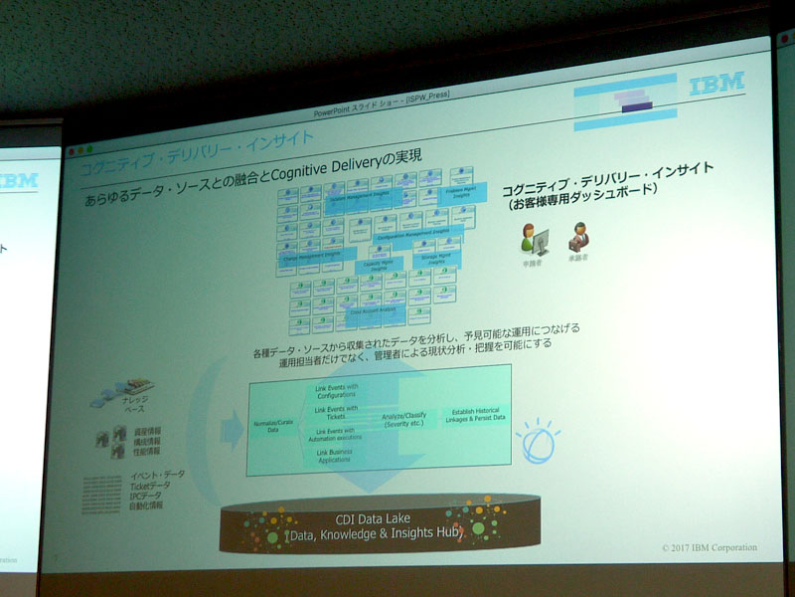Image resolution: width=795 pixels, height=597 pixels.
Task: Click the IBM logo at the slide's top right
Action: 716,82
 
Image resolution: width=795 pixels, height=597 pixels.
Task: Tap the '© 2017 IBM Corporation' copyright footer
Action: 709,548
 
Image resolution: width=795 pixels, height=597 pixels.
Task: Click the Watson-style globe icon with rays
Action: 538,438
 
